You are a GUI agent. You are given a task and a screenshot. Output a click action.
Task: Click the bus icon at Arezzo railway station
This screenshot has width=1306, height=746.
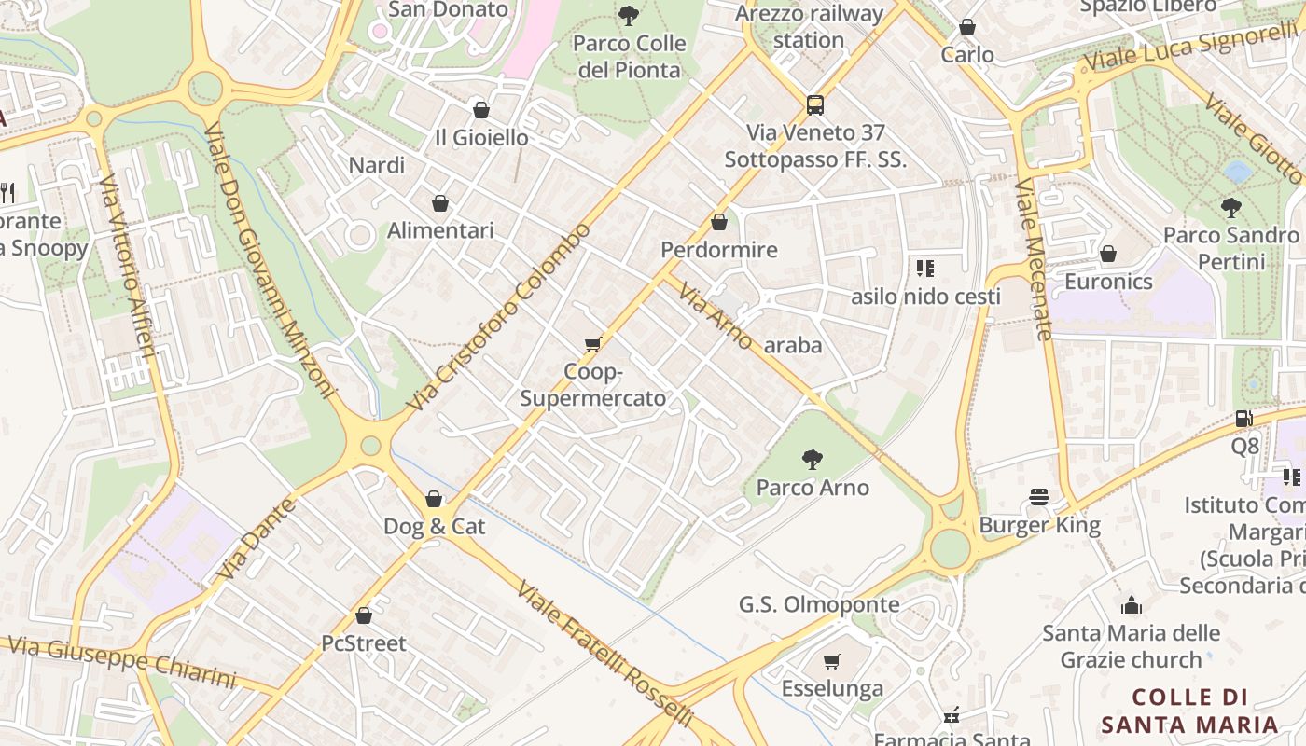click(814, 104)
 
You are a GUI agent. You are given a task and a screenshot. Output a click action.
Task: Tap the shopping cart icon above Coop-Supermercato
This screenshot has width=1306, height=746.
click(592, 345)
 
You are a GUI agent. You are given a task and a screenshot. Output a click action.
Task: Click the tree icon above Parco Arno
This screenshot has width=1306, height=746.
click(813, 459)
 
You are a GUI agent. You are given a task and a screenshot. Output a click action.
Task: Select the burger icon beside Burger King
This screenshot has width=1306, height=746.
click(1040, 497)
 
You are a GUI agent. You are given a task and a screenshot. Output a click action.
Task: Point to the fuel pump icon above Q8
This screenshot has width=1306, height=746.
click(1243, 419)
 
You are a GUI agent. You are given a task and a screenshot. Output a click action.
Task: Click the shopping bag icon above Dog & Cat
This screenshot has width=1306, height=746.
click(434, 499)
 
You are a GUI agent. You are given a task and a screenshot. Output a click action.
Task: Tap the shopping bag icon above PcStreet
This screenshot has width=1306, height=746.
click(364, 615)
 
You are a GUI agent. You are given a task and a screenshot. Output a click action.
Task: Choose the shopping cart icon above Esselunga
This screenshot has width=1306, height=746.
click(832, 661)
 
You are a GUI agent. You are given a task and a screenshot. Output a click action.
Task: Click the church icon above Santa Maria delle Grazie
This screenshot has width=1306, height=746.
click(1132, 605)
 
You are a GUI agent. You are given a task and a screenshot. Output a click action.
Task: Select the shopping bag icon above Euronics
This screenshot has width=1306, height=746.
click(1108, 254)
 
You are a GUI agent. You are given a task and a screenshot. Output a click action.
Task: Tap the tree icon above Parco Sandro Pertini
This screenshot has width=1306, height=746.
click(1231, 207)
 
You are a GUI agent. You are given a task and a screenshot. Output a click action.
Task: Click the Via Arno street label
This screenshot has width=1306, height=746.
click(716, 318)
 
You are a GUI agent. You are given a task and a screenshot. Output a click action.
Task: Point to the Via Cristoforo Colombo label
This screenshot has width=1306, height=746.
click(499, 317)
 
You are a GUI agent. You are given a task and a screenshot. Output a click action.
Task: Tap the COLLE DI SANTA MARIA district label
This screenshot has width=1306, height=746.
click(1189, 711)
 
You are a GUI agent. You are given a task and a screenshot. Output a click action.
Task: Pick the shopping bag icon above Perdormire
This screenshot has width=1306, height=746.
click(718, 222)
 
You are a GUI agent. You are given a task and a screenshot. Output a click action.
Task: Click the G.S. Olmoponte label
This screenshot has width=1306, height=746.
click(819, 604)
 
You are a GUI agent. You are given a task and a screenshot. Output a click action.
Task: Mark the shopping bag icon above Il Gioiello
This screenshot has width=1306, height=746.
click(481, 110)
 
